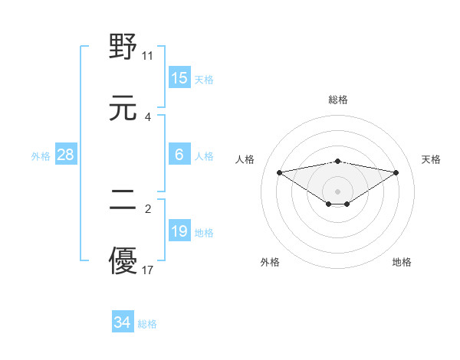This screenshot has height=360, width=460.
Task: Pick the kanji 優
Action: pyautogui.click(x=123, y=260)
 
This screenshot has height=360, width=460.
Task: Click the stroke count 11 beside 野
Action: pyautogui.click(x=148, y=56)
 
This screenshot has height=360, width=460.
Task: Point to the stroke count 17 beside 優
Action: pyautogui.click(x=148, y=270)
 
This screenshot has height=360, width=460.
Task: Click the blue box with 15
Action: pyautogui.click(x=179, y=78)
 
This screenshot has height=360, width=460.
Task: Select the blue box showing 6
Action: pyautogui.click(x=179, y=155)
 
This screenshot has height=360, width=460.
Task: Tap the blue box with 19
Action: pyautogui.click(x=179, y=231)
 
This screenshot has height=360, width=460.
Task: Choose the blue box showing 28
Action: pyautogui.click(x=66, y=155)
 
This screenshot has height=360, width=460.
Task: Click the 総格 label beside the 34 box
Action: pyautogui.click(x=147, y=324)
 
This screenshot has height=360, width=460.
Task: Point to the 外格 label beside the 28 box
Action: pyautogui.click(x=41, y=156)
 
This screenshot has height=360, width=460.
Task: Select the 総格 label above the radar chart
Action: pyautogui.click(x=338, y=100)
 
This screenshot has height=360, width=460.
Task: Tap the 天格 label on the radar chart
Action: pyautogui.click(x=432, y=159)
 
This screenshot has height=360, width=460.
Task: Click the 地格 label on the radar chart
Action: pyautogui.click(x=402, y=262)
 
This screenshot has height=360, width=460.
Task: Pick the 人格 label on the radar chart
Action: pyautogui.click(x=245, y=159)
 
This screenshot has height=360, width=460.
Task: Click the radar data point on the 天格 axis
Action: pyautogui.click(x=396, y=172)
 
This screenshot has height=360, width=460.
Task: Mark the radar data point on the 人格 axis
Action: pyautogui.click(x=280, y=172)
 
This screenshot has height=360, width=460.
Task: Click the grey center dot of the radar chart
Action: pyautogui.click(x=338, y=191)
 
